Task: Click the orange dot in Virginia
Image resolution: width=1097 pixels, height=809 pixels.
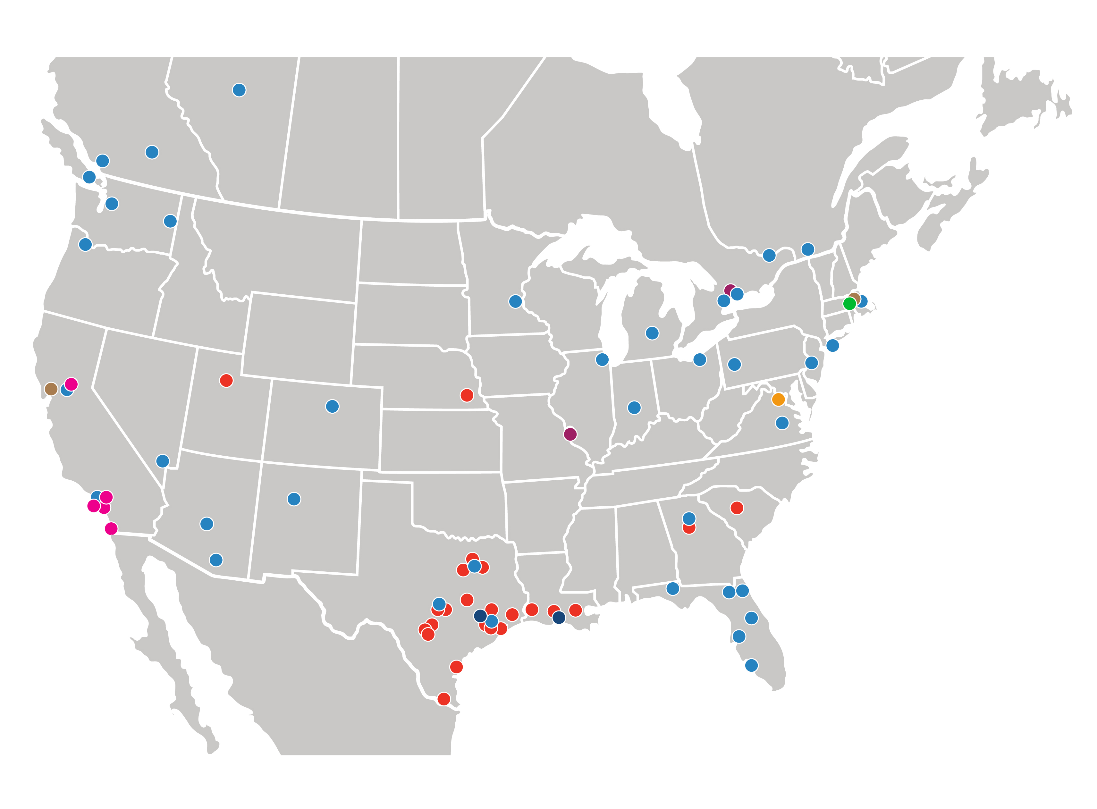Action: [778, 400]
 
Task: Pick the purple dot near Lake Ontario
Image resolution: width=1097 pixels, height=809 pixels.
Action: [730, 291]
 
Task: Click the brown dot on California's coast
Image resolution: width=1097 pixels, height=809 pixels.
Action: [51, 389]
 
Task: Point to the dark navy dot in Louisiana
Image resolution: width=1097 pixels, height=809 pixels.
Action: [559, 618]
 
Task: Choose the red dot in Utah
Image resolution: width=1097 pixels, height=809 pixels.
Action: [226, 381]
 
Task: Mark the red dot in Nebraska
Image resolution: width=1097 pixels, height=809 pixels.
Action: [467, 395]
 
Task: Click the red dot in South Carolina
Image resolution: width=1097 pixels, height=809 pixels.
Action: [737, 508]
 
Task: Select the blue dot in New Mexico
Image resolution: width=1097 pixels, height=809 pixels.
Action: [294, 499]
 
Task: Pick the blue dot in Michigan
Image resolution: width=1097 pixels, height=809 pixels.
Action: [652, 333]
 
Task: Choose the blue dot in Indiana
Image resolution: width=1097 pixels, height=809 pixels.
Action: [634, 408]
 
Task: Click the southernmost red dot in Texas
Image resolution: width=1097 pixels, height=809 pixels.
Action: [444, 699]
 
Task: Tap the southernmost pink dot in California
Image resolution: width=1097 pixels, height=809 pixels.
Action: [111, 528]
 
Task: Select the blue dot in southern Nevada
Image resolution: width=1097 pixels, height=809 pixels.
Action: [163, 461]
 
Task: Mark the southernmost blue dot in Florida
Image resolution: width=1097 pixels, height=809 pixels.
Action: [751, 666]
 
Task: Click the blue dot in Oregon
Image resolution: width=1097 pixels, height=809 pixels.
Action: [85, 244]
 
